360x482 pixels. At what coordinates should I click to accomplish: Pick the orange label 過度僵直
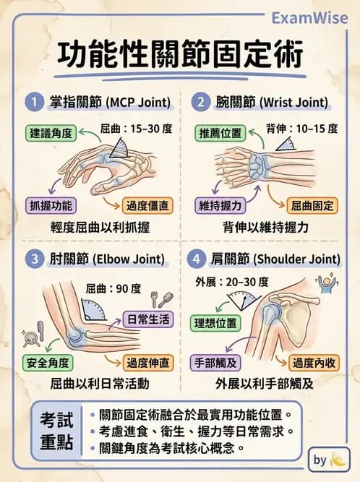[x=149, y=205]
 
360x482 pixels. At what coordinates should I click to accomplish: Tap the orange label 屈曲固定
[x=312, y=205]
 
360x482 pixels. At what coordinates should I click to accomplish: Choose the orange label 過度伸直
[x=149, y=361]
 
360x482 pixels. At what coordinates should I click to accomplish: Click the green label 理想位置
[x=215, y=322]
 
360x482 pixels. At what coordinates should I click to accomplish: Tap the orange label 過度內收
[x=312, y=361]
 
